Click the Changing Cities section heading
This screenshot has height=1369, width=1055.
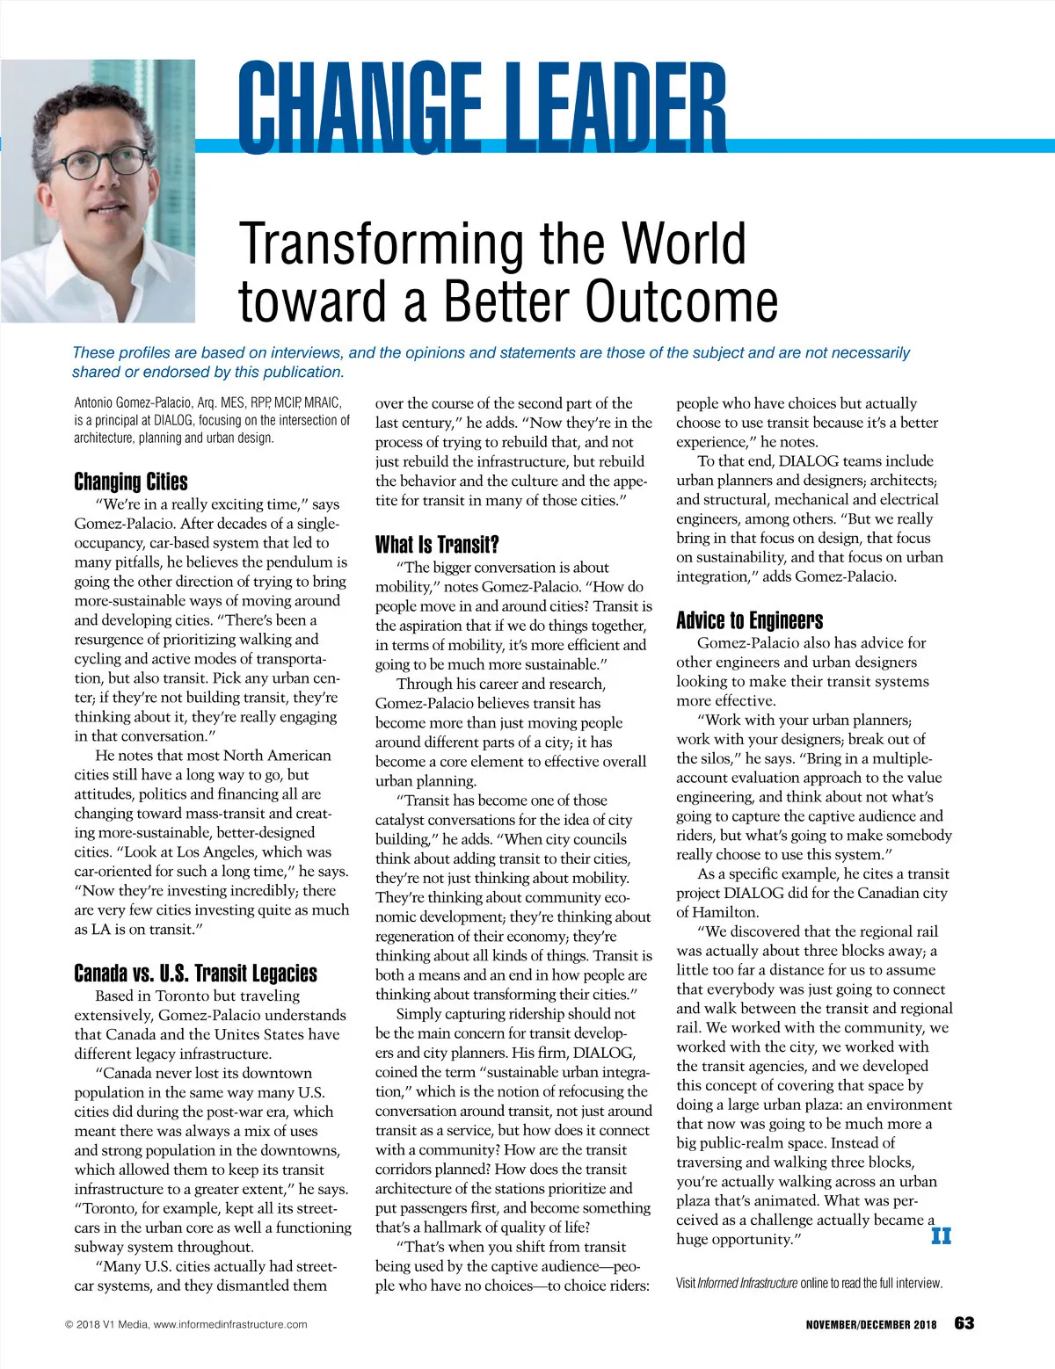point(130,482)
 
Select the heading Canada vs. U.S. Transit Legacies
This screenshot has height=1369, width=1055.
point(195,973)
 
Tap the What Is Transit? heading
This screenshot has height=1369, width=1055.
point(437,545)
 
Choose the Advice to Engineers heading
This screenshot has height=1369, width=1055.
point(749,620)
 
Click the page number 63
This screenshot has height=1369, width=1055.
point(964,1323)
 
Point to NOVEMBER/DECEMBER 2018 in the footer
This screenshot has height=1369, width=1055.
point(870,1324)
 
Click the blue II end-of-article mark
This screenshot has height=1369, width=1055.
point(941,1236)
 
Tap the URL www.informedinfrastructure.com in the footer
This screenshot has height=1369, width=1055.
point(230,1324)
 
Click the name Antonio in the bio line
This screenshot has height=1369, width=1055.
point(94,403)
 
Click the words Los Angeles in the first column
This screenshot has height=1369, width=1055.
point(210,851)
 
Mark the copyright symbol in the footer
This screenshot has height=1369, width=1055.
point(69,1324)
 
